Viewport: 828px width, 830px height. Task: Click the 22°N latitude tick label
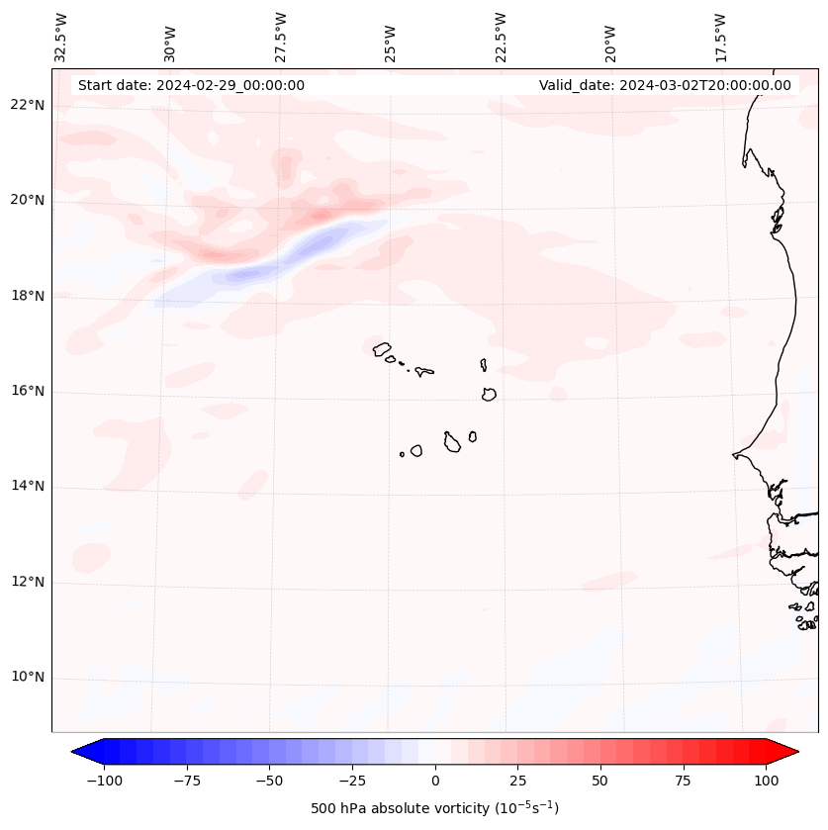[x=29, y=105]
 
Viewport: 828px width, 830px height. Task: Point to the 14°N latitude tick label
[x=29, y=486]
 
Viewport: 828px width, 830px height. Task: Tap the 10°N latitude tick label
[x=29, y=678]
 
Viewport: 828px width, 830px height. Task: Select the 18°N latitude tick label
[x=29, y=296]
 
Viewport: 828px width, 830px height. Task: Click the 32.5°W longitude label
[x=61, y=37]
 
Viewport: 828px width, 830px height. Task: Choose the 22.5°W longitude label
[x=501, y=37]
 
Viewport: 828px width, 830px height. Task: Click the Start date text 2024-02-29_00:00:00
[x=191, y=85]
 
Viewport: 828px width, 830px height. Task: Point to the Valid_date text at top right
[x=665, y=85]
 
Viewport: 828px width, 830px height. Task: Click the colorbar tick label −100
[x=104, y=781]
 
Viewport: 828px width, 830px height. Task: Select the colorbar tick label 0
[x=435, y=781]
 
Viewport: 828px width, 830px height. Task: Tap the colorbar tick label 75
[x=683, y=781]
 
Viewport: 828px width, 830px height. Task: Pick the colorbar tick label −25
[x=352, y=781]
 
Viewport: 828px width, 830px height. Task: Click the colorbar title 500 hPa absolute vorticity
[x=434, y=809]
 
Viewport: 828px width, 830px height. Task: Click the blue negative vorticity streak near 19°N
[x=287, y=257]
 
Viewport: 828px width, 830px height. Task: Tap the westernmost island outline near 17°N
[x=382, y=348]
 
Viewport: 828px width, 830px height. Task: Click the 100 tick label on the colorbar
[x=766, y=781]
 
